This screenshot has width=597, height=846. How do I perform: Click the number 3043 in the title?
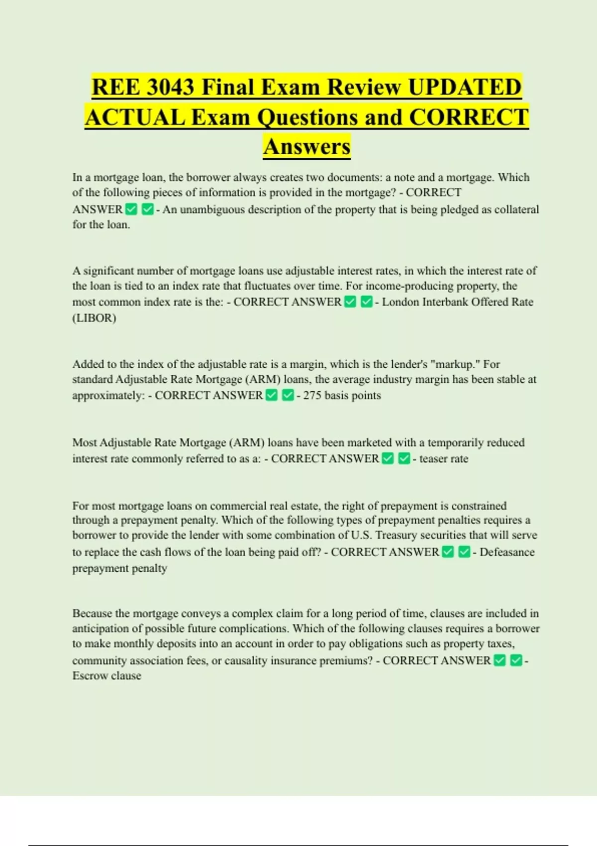[x=171, y=88]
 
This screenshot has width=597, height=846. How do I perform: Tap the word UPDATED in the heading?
[x=465, y=88]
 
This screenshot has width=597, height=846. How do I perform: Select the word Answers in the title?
[x=307, y=147]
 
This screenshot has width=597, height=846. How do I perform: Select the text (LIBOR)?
[x=94, y=318]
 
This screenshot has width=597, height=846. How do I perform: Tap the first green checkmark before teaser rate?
[x=388, y=458]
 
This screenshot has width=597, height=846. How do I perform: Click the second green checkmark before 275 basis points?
[x=288, y=396]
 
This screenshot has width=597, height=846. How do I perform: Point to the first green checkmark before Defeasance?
[x=448, y=552]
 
